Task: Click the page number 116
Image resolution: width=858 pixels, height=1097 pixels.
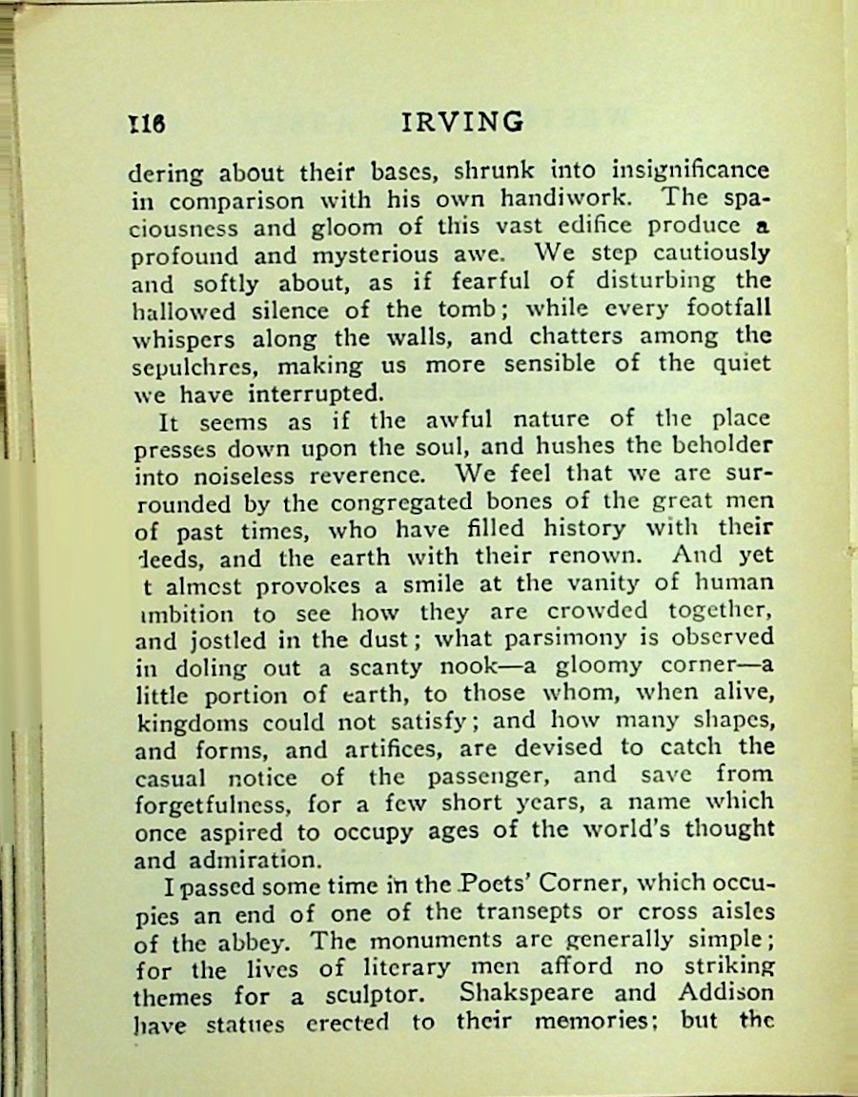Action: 148,124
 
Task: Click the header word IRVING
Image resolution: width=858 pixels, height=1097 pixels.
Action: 463,122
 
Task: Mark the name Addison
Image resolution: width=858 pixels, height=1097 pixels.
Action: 725,993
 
